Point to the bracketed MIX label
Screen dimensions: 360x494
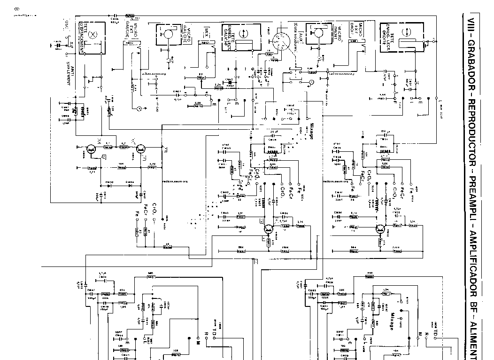(x=207, y=32)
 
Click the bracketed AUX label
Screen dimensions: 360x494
(x=298, y=36)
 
